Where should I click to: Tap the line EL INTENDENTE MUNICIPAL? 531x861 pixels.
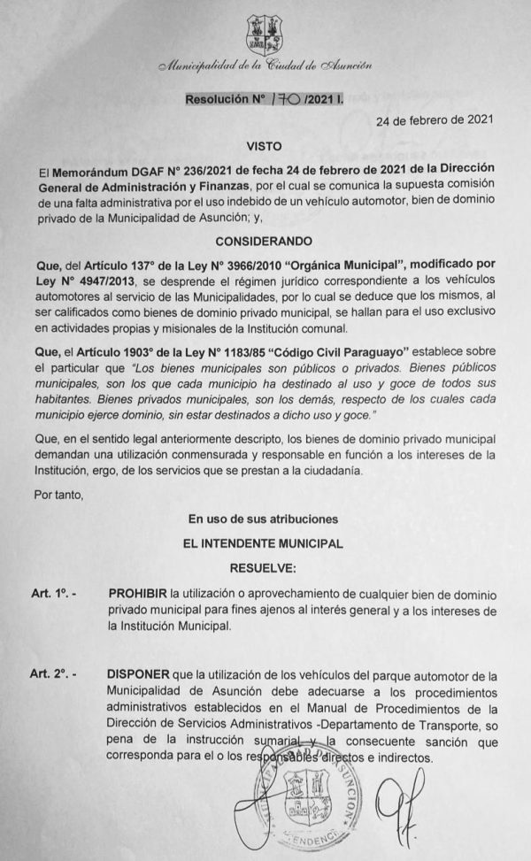click(265, 540)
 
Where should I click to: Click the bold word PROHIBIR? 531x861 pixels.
click(138, 592)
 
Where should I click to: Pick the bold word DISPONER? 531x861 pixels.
click(138, 674)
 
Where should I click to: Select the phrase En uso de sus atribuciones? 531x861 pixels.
click(265, 517)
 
